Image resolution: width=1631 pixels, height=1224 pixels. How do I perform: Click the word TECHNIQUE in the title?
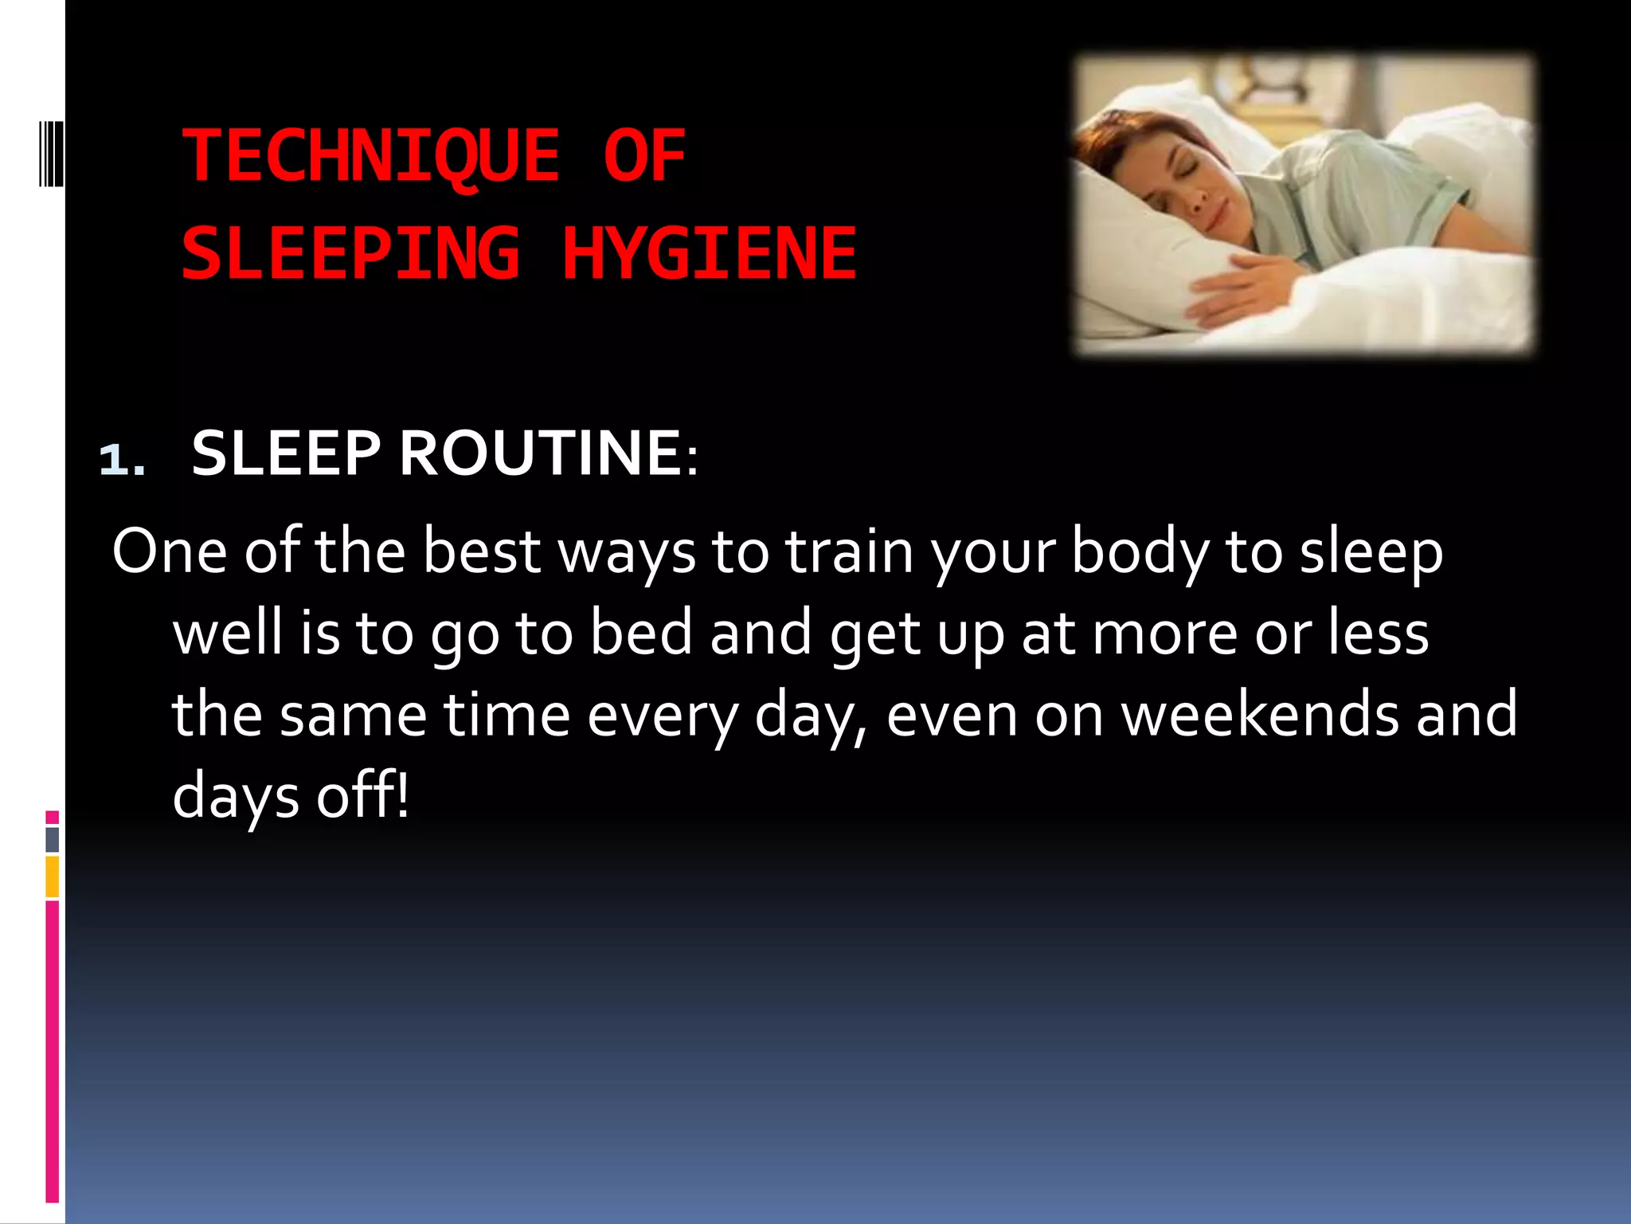coord(371,157)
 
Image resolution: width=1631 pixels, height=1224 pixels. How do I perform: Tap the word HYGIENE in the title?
coord(709,254)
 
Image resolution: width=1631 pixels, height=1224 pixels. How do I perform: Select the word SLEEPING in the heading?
coord(351,254)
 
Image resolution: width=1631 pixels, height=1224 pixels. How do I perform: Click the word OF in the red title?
coord(644,157)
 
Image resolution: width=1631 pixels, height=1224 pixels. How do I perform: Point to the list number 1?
coord(122,460)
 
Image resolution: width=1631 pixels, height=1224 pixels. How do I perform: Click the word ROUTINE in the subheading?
coord(539,453)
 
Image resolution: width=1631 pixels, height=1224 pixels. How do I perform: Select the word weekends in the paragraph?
coord(1260,714)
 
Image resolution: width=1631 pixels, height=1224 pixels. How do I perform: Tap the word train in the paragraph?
coord(849,551)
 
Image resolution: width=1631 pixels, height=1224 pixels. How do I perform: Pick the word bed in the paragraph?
coord(641,633)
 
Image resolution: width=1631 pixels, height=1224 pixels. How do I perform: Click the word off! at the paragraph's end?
coord(362,795)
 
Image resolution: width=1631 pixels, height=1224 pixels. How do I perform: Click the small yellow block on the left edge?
coord(52,877)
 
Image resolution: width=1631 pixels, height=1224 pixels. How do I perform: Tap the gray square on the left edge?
coord(52,839)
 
